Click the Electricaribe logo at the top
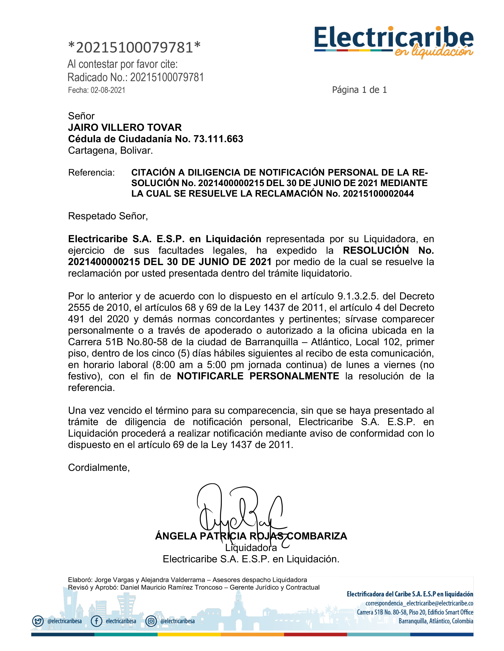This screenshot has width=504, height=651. coord(393,41)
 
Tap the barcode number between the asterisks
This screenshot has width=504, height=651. coord(134,47)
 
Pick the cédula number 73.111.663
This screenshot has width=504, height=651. coord(218,139)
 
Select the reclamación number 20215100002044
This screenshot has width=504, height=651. coord(378,194)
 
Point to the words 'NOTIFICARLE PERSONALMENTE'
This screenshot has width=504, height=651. coord(258,376)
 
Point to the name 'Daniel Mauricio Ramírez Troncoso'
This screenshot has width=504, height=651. coord(171,587)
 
